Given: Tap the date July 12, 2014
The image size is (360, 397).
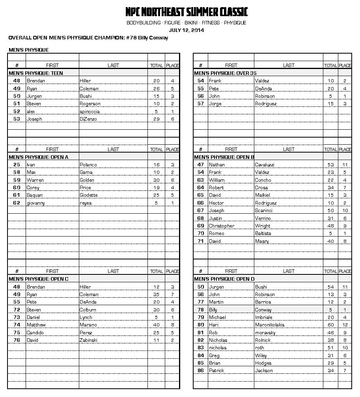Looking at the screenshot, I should (x=186, y=30).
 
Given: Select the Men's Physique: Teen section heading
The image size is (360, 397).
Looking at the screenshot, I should (x=36, y=73).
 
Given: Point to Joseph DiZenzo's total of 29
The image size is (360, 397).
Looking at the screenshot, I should (x=157, y=119).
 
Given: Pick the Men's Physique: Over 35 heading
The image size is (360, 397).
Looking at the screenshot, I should (x=222, y=73).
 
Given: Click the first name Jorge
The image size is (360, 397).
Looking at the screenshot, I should (x=215, y=104).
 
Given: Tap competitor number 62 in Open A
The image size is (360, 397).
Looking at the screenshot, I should (x=17, y=203).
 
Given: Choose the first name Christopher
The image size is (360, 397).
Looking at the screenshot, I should (x=222, y=226).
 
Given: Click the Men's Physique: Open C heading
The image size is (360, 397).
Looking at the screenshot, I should (x=38, y=279).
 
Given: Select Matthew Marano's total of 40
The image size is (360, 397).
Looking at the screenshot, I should (x=157, y=325).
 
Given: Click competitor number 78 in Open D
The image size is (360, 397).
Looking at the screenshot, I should (x=201, y=310).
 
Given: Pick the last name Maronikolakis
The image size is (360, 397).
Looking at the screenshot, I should (x=270, y=325).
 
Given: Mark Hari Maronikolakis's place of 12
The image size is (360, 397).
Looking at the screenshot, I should (x=345, y=325).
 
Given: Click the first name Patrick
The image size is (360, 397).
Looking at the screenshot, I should (x=216, y=371).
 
